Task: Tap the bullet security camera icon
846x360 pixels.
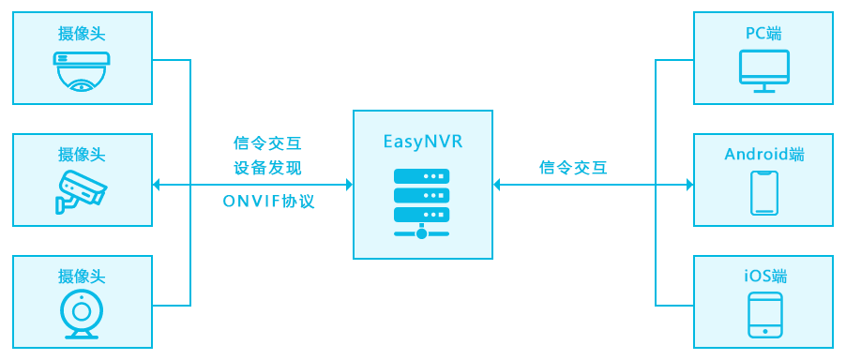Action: click(82, 190)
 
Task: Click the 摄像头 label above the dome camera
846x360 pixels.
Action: click(82, 34)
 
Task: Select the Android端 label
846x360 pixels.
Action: click(764, 154)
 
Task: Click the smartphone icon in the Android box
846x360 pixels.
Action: click(764, 193)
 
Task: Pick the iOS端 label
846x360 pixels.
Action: click(763, 276)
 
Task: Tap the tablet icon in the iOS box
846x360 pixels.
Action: click(764, 315)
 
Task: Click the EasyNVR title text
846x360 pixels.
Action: click(422, 142)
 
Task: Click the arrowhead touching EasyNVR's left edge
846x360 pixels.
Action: click(347, 185)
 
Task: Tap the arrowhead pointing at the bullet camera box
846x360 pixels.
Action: click(157, 185)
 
